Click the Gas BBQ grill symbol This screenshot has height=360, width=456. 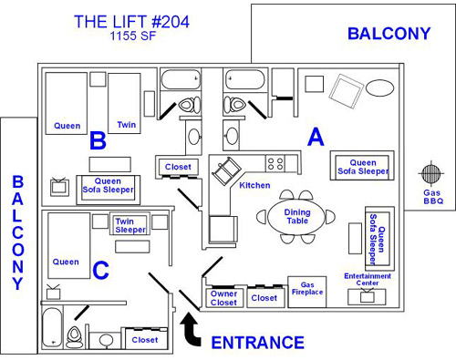[x=430, y=173]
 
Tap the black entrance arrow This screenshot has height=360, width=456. [x=191, y=330]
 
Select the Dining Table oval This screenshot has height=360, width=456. [x=296, y=217]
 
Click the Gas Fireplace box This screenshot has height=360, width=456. [x=307, y=292]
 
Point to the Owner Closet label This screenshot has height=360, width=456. [x=223, y=298]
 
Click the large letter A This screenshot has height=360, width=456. [x=316, y=137]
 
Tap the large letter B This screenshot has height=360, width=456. [x=98, y=140]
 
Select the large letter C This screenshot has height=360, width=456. [x=100, y=270]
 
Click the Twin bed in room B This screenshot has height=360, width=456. [x=124, y=103]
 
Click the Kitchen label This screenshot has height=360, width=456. [x=254, y=185]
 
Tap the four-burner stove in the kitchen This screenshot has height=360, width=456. [x=275, y=163]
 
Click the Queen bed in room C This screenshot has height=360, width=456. [x=69, y=245]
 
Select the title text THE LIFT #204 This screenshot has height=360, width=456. [x=131, y=22]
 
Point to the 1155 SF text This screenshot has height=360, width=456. [x=133, y=36]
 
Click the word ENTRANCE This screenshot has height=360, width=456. [x=258, y=343]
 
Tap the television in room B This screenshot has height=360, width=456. [x=59, y=186]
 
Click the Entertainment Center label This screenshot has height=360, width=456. [x=368, y=279]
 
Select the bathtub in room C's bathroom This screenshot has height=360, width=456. [x=51, y=327]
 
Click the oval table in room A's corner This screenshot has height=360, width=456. [x=379, y=87]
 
